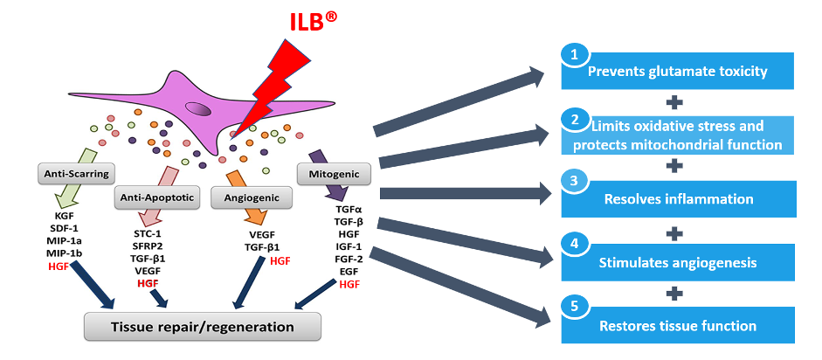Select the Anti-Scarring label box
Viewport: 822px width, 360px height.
pyautogui.click(x=75, y=173)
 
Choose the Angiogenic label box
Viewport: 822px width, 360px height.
pyautogui.click(x=251, y=198)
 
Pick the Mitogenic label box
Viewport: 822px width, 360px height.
pyautogui.click(x=334, y=174)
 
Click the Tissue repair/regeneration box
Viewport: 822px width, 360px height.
pyautogui.click(x=203, y=327)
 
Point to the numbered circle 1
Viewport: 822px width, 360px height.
pyautogui.click(x=573, y=55)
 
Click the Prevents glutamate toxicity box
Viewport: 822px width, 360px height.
pyautogui.click(x=678, y=72)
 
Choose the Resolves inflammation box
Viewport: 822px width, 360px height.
pyautogui.click(x=678, y=199)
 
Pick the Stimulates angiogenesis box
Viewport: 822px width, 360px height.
pyautogui.click(x=678, y=262)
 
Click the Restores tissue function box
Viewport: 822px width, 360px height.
pyautogui.click(x=678, y=326)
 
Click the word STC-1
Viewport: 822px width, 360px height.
pyautogui.click(x=148, y=234)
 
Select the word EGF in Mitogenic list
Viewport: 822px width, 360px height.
pyautogui.click(x=349, y=272)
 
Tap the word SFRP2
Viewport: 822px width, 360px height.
pyautogui.click(x=148, y=246)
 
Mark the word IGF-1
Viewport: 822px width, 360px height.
pyautogui.click(x=349, y=247)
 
